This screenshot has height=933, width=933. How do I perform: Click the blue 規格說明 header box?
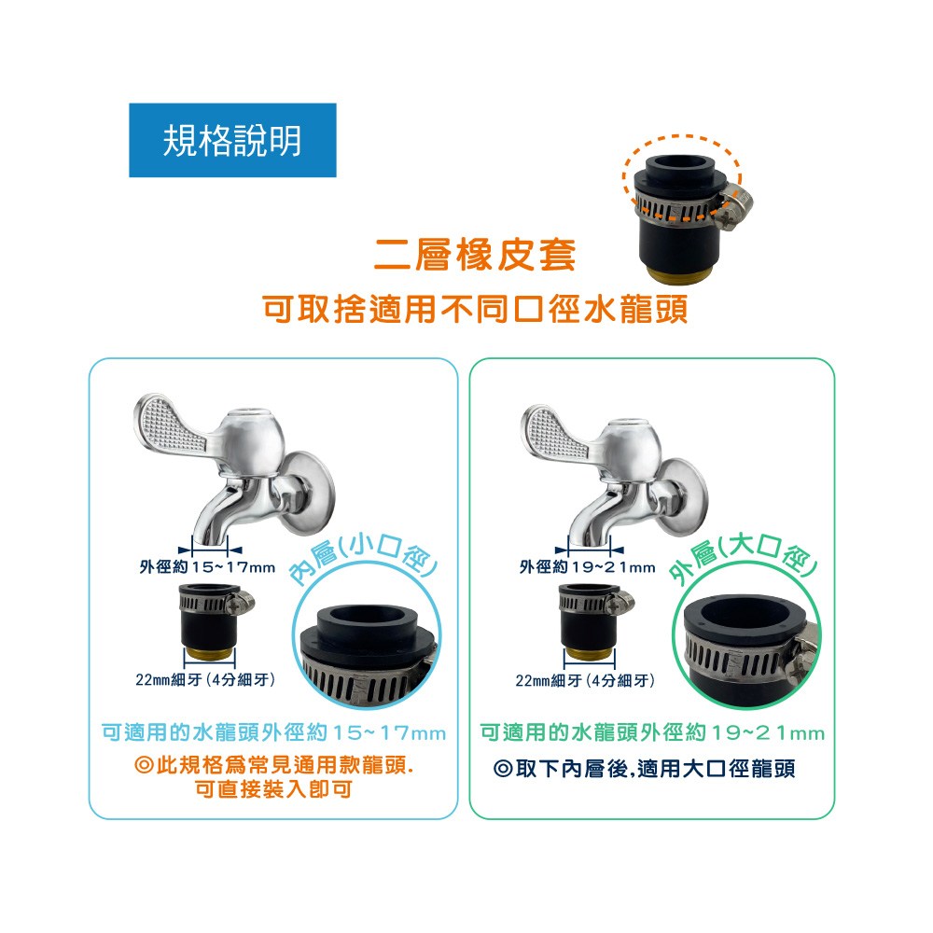coord(232,140)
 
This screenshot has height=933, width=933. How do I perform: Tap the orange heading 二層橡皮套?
coord(475,256)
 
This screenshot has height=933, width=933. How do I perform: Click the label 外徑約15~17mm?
coord(207,567)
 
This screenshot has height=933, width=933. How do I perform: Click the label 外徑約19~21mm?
coord(587,567)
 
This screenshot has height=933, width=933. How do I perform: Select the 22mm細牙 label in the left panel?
coord(205,679)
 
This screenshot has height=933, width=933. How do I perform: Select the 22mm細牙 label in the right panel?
coord(585,680)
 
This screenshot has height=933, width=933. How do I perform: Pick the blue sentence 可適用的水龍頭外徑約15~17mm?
coord(273,732)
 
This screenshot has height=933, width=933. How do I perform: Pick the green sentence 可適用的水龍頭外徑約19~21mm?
coord(653,732)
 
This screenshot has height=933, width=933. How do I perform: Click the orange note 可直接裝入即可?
coord(273,789)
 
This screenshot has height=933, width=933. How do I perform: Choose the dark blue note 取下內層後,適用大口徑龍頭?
coord(645,768)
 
